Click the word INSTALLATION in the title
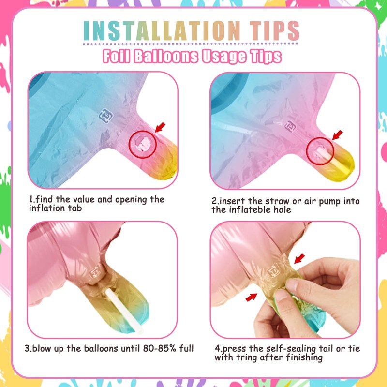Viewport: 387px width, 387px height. (162, 30)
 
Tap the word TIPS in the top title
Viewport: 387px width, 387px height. (274, 30)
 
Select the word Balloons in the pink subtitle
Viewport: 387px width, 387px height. (166, 56)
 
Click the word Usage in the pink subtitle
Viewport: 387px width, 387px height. (224, 57)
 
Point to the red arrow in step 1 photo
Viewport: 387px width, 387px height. (160, 127)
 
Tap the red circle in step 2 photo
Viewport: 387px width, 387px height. (307, 151)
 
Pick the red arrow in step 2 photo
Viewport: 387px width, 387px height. (337, 135)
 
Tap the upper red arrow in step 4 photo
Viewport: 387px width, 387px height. (299, 259)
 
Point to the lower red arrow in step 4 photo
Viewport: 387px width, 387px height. (251, 297)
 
